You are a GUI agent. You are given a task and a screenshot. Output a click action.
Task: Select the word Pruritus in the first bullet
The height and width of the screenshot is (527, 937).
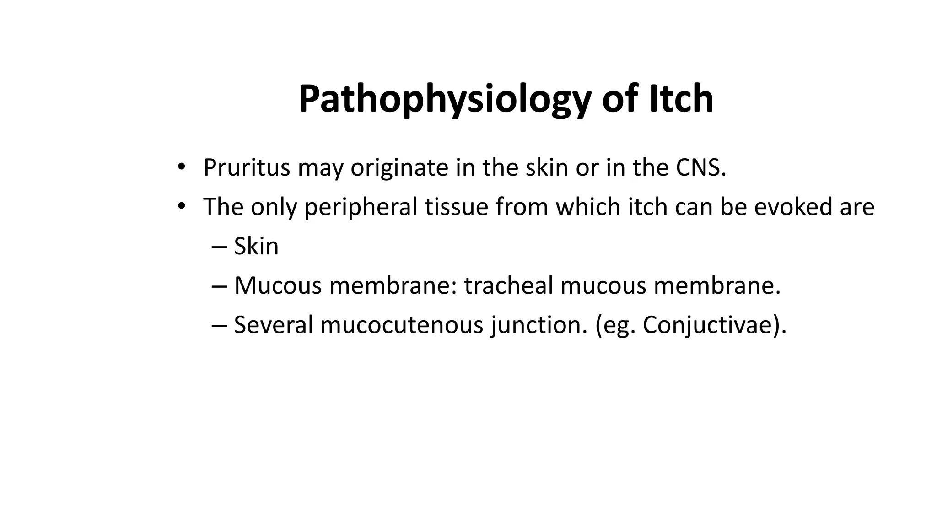coord(247,167)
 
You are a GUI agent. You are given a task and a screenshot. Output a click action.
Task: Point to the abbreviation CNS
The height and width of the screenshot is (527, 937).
coord(700,167)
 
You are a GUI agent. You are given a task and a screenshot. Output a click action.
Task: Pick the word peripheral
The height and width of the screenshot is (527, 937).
coord(361,207)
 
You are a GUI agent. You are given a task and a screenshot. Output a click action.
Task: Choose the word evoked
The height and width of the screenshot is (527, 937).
coord(793,207)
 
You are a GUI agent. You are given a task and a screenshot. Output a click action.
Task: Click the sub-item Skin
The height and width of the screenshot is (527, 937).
coord(256,246)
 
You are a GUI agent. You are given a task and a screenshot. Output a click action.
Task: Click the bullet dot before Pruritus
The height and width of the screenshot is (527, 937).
coord(181,167)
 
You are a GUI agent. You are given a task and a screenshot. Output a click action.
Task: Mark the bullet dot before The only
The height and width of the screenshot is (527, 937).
coord(181,207)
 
